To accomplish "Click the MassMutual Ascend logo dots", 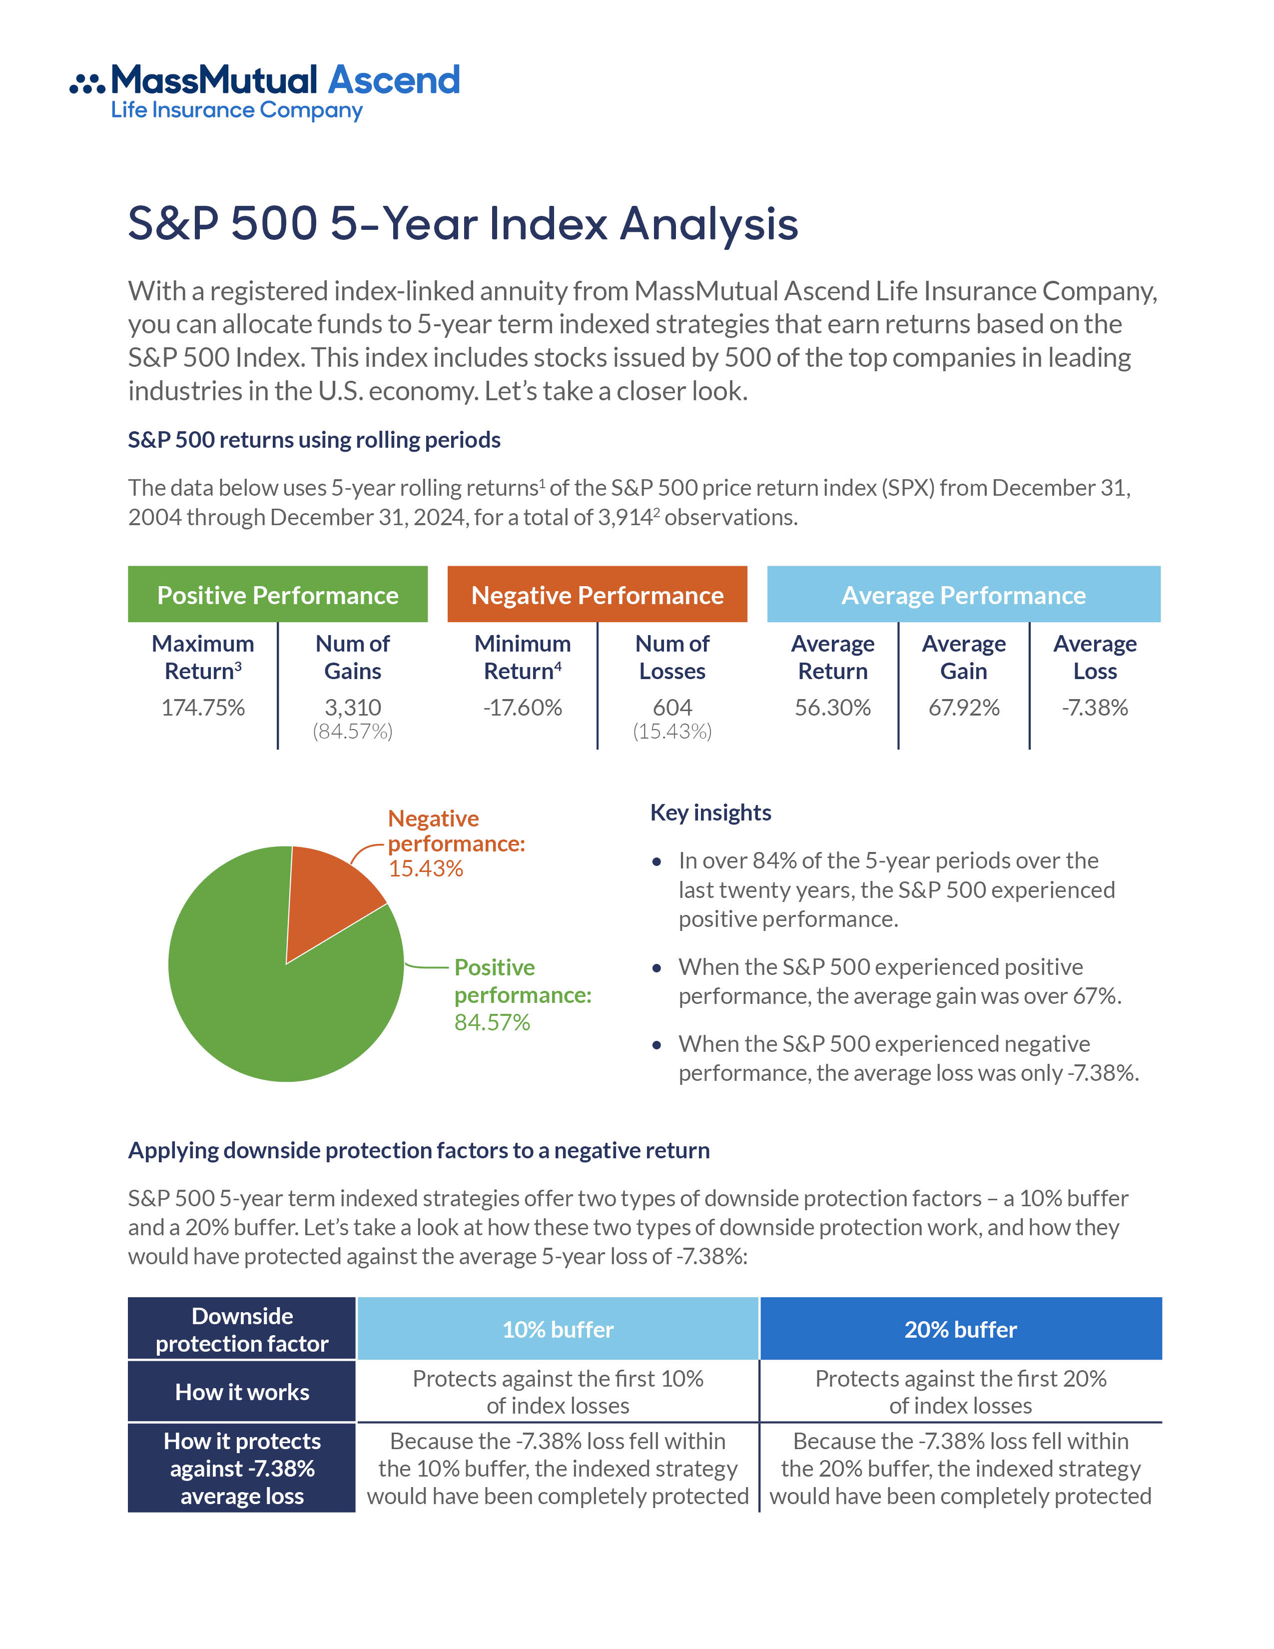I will coord(87,83).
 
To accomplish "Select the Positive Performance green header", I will coord(278,595).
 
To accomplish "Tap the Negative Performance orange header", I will coord(597,595).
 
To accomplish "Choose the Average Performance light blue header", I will coord(963,595).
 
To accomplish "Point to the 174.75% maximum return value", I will coord(203,708).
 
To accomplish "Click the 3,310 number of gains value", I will coord(352,708).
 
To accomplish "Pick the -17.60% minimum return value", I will coord(522,708).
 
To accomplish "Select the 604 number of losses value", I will coord(671,708).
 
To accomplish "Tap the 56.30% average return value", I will coord(832,708).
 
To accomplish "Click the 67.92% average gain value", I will coord(964,708).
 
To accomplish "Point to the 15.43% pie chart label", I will coord(426,868).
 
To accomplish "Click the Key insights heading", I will coord(710,813).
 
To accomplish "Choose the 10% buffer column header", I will coord(558,1329).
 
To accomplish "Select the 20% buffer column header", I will coord(960,1329).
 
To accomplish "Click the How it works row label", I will coord(241,1392).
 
